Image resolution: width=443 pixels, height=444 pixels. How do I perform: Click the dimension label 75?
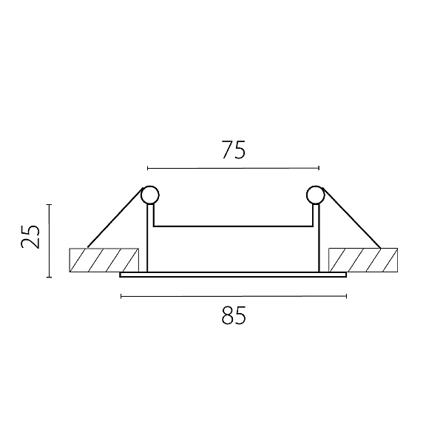pyautogui.click(x=234, y=149)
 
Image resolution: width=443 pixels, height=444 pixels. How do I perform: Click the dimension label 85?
pyautogui.click(x=234, y=315)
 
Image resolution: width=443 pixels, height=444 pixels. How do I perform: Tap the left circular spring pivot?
pyautogui.click(x=150, y=195)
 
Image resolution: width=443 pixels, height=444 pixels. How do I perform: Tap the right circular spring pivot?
pyautogui.click(x=315, y=195)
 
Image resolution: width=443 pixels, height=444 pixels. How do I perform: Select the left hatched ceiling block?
pyautogui.click(x=104, y=260)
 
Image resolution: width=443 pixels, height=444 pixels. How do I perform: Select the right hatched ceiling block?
pyautogui.click(x=363, y=260)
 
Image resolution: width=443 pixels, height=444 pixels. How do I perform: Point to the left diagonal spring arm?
pyautogui.click(x=115, y=217)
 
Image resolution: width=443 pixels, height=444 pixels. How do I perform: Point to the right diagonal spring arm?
pyautogui.click(x=351, y=217)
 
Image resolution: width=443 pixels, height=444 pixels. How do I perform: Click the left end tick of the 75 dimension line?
pyautogui.click(x=147, y=168)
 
